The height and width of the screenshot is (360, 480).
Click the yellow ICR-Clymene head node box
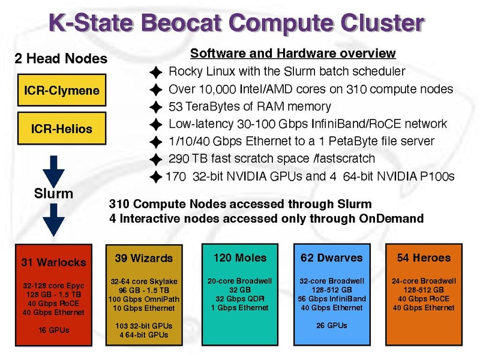pos(62,90)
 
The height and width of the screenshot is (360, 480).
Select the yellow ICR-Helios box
pos(62,128)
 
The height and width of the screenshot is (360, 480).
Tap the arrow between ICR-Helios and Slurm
pos(53,172)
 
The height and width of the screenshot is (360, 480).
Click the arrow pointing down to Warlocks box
pos(53,220)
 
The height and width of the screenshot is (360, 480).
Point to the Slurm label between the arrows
pos(53,193)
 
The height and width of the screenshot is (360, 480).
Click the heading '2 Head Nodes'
pos(61,58)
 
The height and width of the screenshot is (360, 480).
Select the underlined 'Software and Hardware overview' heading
pos(293,53)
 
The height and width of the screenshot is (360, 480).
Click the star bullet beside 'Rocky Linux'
pos(156,72)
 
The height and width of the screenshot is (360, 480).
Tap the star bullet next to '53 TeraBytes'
pos(156,107)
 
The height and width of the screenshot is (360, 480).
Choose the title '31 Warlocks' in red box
pos(53,262)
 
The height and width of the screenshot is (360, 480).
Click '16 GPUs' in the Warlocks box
pos(54,330)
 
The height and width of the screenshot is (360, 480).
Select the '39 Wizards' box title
pos(144,258)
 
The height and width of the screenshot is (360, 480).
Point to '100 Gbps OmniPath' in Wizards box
pos(144,299)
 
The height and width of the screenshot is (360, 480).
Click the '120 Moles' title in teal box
pos(240,258)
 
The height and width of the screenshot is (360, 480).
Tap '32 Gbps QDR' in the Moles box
pos(240,298)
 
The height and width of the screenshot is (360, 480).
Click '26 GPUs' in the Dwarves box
pos(332,325)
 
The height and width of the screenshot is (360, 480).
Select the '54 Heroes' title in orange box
pos(424,258)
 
